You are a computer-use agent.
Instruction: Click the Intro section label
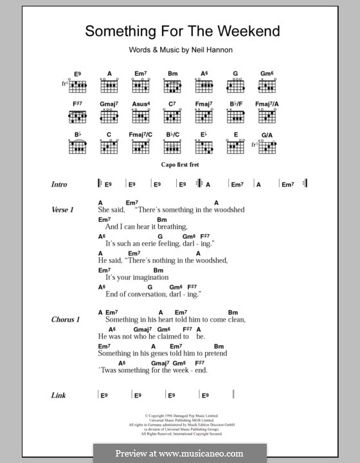point(59,185)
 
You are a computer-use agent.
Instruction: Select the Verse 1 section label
point(64,210)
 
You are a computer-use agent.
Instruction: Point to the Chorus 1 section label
point(66,319)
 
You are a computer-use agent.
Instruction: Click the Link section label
point(59,395)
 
